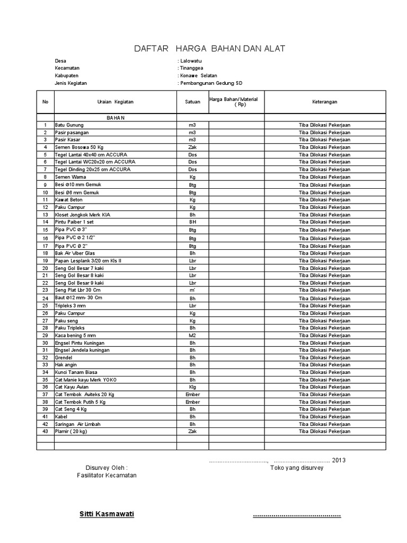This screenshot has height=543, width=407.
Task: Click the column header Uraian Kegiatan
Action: (116, 101)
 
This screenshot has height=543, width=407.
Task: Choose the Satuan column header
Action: (192, 101)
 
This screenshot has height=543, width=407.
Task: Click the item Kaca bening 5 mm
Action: (75, 336)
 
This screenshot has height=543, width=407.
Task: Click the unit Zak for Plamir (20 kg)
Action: (192, 432)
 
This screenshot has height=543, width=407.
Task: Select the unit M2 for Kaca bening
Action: (192, 336)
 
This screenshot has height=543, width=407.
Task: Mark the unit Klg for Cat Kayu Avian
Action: (192, 387)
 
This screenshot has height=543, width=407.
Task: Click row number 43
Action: (46, 432)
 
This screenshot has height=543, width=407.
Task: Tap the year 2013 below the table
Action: (339, 460)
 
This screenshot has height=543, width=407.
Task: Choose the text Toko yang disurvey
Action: (297, 468)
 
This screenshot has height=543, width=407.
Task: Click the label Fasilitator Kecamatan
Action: (107, 476)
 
